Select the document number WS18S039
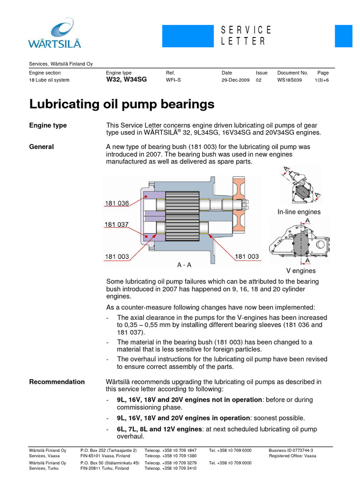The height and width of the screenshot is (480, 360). (290, 80)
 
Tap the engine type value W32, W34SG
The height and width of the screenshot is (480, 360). (126, 80)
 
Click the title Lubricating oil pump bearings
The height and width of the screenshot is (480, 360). (122, 104)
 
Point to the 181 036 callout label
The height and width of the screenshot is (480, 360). (117, 203)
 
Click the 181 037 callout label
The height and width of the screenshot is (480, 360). (117, 225)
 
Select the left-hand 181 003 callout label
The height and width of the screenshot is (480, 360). (117, 256)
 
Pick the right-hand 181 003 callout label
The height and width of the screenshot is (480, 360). (247, 256)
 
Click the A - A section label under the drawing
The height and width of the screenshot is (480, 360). (184, 265)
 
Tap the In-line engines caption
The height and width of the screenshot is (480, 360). (299, 212)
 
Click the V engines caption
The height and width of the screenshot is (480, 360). (301, 271)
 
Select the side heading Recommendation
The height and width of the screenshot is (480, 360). (57, 382)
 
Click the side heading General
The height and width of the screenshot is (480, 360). (41, 147)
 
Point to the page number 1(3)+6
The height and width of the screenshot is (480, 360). (322, 80)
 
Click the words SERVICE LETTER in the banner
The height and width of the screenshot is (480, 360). (246, 36)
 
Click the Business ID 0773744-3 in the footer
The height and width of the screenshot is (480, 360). (291, 450)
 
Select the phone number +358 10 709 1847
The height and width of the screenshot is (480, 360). (180, 450)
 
